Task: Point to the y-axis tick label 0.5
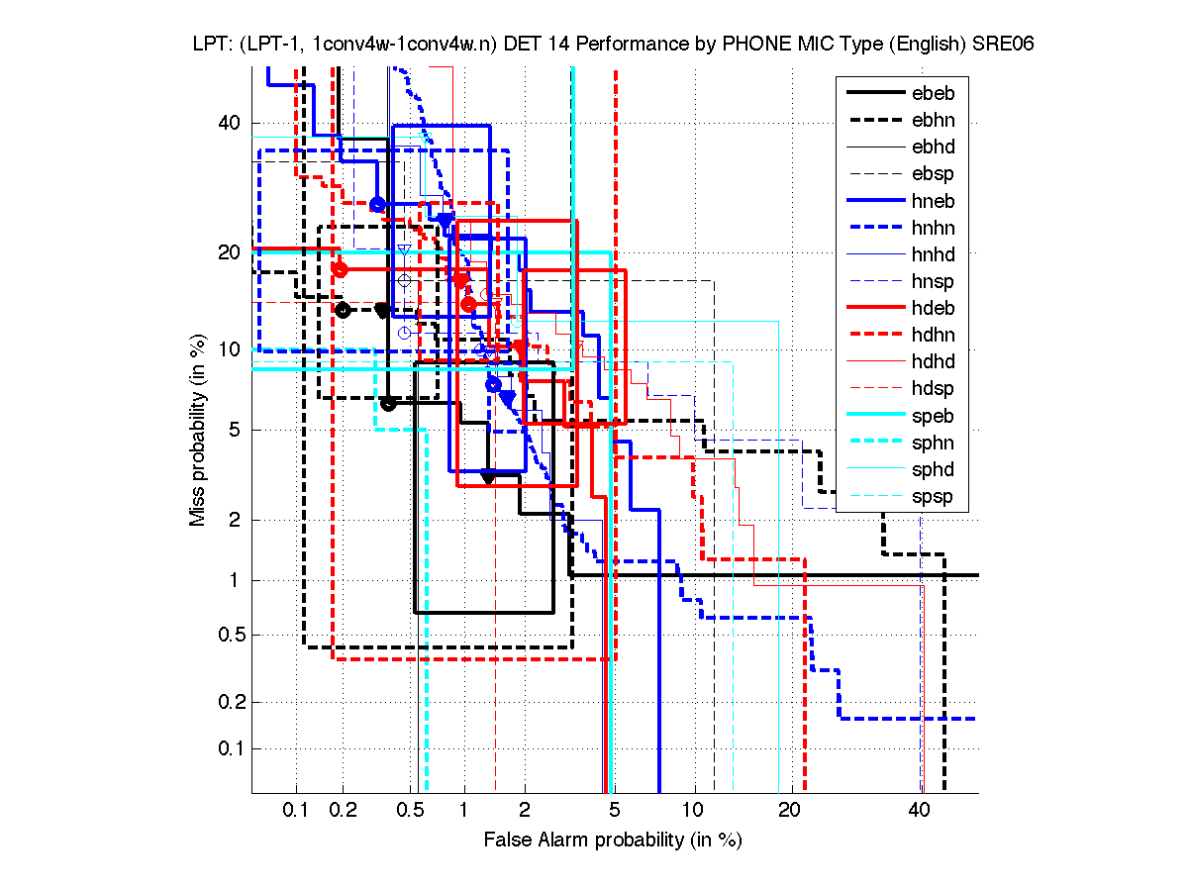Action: (224, 635)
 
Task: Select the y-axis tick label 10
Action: (228, 349)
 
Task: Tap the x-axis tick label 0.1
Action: (296, 811)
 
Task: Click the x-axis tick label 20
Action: (788, 811)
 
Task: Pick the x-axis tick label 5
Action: (615, 811)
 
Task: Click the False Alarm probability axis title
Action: (612, 841)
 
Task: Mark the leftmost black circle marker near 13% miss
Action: (343, 310)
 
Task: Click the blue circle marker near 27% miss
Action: (377, 204)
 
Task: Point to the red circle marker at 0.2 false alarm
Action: (340, 268)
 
